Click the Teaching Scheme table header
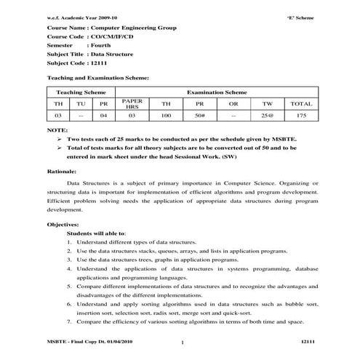coord(79,92)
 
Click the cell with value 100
coord(166,116)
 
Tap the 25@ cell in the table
coord(267,116)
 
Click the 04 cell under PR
coord(103,116)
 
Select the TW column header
coord(267,104)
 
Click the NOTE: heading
coord(57,129)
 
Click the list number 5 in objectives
coord(68,288)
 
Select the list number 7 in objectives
coord(68,321)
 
